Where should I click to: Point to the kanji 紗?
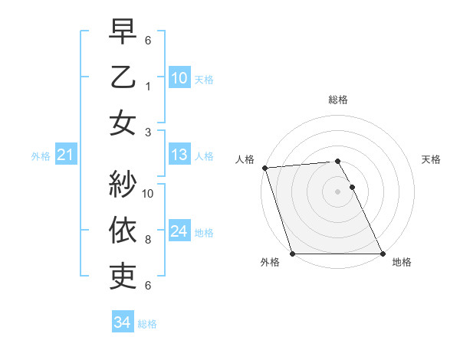tap(123, 185)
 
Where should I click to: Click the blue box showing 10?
tap(179, 77)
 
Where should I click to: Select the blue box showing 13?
tap(179, 155)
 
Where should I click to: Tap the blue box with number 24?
tap(179, 231)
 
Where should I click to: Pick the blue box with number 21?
tap(65, 155)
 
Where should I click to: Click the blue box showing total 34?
tap(122, 322)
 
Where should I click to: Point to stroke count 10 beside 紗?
tap(149, 194)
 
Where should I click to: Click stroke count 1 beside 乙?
tap(148, 87)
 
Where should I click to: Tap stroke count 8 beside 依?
tap(148, 240)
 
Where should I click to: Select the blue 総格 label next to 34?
tap(147, 323)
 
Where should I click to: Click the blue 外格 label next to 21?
tap(41, 156)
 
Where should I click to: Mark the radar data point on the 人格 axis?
tap(264, 168)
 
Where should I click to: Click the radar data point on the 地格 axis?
tap(382, 254)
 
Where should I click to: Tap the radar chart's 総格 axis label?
tap(338, 100)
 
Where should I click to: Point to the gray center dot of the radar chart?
tap(337, 191)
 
